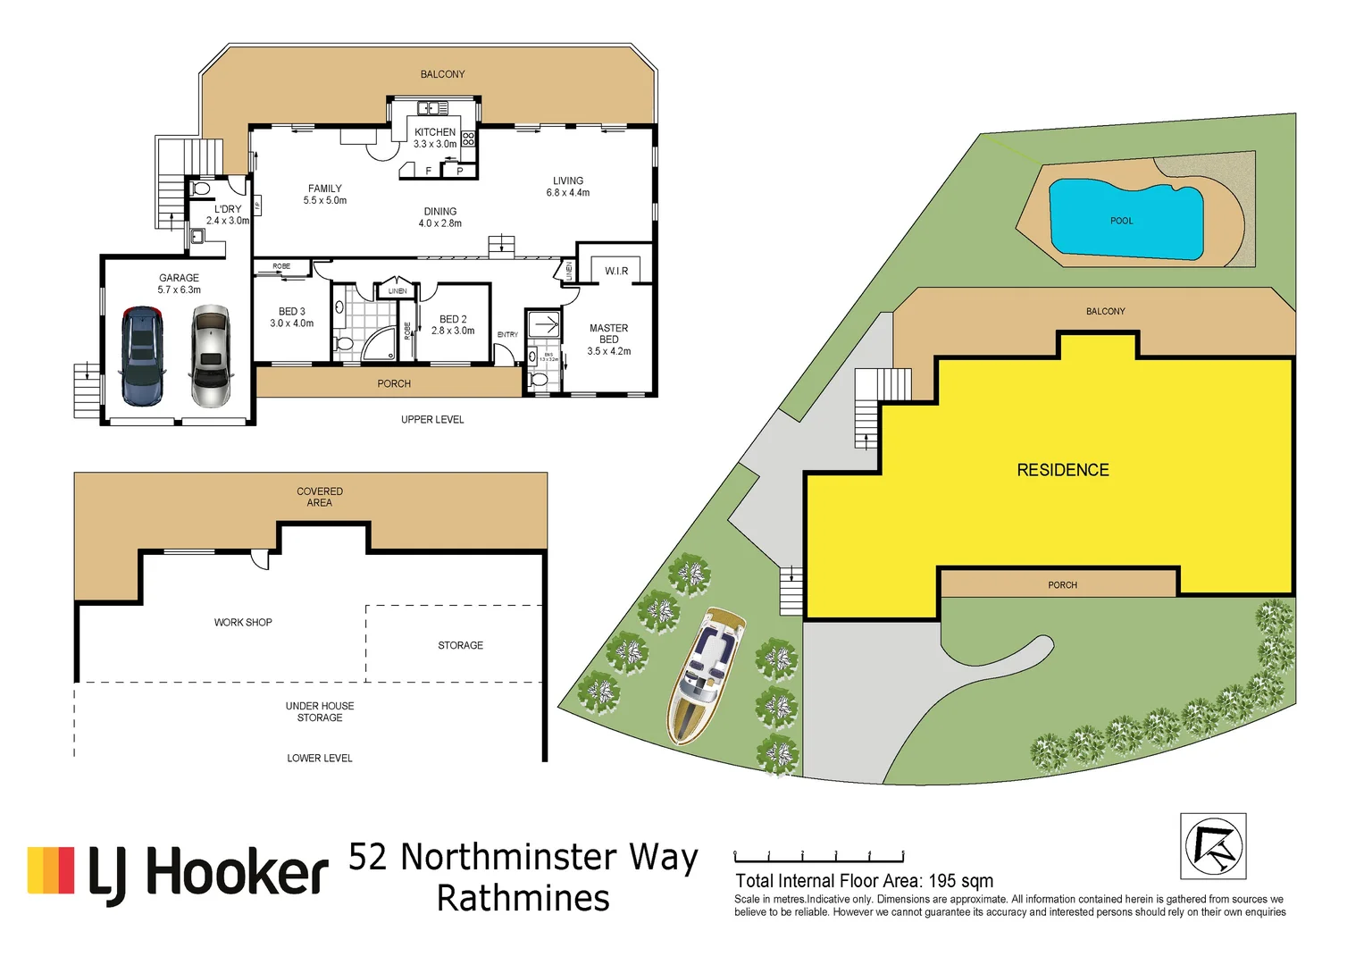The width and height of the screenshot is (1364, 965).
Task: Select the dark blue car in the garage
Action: (142, 356)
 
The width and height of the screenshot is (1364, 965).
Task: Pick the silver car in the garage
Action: (211, 356)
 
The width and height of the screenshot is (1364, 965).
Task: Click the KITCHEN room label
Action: (435, 132)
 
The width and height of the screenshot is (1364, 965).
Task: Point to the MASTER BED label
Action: (608, 334)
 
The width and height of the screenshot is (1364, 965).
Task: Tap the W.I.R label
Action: (616, 271)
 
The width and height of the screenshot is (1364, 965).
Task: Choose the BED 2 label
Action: (453, 319)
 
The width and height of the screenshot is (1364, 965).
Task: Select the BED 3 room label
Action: (291, 312)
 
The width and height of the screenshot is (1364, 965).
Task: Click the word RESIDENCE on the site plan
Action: (1063, 470)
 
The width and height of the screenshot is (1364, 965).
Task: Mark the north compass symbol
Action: (1213, 846)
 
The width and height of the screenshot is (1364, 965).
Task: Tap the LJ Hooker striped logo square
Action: (51, 870)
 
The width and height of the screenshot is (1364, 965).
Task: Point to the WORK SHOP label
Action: (243, 622)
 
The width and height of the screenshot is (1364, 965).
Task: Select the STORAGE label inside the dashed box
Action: (460, 645)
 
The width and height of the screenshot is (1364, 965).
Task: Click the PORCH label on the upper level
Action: (394, 383)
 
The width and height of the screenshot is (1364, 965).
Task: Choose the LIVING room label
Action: (568, 180)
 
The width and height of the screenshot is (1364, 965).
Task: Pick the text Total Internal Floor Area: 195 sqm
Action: (864, 881)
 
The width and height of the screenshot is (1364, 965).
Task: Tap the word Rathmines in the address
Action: (523, 898)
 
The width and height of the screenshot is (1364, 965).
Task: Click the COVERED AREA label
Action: (320, 497)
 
